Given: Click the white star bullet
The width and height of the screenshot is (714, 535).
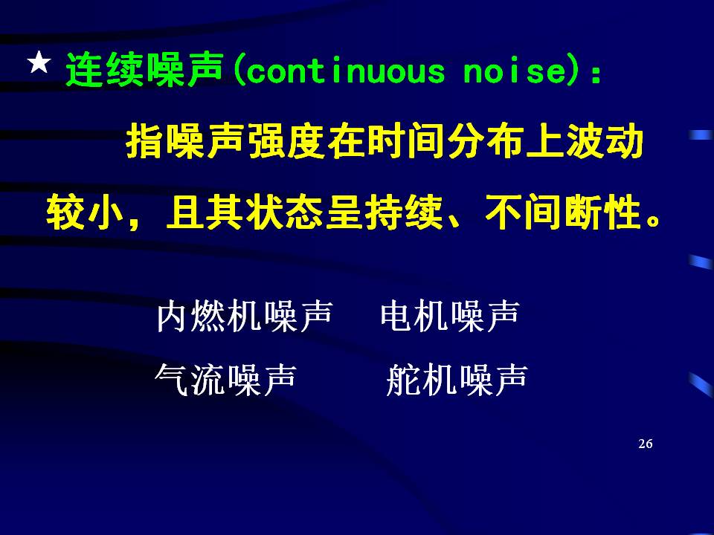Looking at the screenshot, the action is (x=39, y=62).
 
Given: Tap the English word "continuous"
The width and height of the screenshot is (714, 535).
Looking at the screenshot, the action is (x=346, y=71).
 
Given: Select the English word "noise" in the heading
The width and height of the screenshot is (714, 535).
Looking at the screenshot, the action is (x=514, y=71).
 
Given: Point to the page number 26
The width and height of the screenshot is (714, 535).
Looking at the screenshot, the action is (x=646, y=444).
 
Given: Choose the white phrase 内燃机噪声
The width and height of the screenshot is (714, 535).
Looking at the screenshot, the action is (x=245, y=316).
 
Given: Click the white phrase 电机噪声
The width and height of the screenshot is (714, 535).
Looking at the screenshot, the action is (x=450, y=316).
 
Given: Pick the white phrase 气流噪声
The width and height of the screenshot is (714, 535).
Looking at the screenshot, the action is (x=225, y=380).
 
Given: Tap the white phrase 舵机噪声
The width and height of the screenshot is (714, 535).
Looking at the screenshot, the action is (x=457, y=380).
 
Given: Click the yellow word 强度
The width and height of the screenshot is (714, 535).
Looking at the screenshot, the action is (x=287, y=141).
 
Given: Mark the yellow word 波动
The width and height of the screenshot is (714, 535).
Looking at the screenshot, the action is (x=605, y=141).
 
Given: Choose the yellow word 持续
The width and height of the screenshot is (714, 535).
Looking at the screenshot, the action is (x=404, y=213).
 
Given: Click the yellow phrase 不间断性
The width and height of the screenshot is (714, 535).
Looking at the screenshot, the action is (x=563, y=213).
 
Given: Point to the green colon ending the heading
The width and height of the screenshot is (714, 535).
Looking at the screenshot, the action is (x=596, y=75).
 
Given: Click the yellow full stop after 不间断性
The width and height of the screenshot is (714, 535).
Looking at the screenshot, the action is (x=653, y=221).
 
